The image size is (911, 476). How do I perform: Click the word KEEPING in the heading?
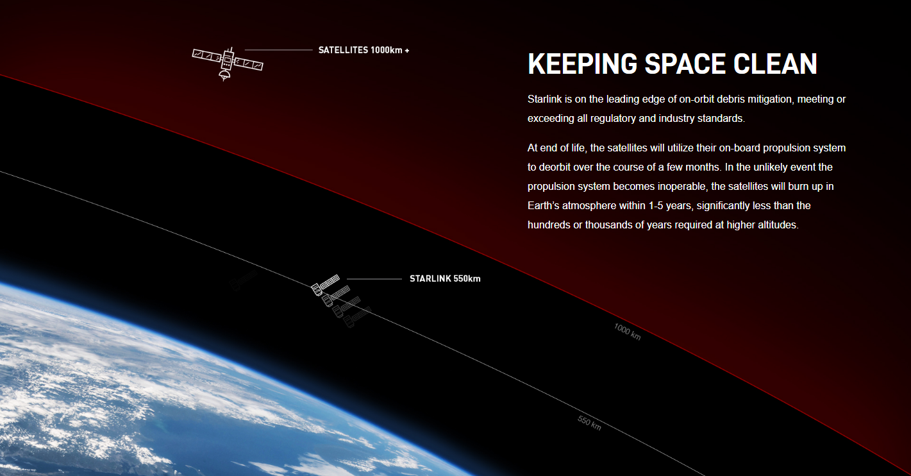click(582, 64)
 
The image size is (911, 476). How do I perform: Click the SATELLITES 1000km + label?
click(364, 50)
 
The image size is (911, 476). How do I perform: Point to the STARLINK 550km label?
click(445, 278)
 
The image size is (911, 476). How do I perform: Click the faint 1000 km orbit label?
click(627, 332)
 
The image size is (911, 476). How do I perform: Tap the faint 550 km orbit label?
click(589, 423)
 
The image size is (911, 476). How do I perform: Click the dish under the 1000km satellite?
click(224, 75)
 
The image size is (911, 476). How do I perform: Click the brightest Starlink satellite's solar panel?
click(329, 281)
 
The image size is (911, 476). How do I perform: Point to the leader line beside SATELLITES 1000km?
click(279, 50)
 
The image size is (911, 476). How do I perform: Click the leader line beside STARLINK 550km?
click(374, 279)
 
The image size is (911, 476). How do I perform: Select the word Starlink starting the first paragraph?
click(544, 99)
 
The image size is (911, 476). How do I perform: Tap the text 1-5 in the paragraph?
click(655, 205)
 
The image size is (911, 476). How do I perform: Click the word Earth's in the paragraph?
click(544, 205)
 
